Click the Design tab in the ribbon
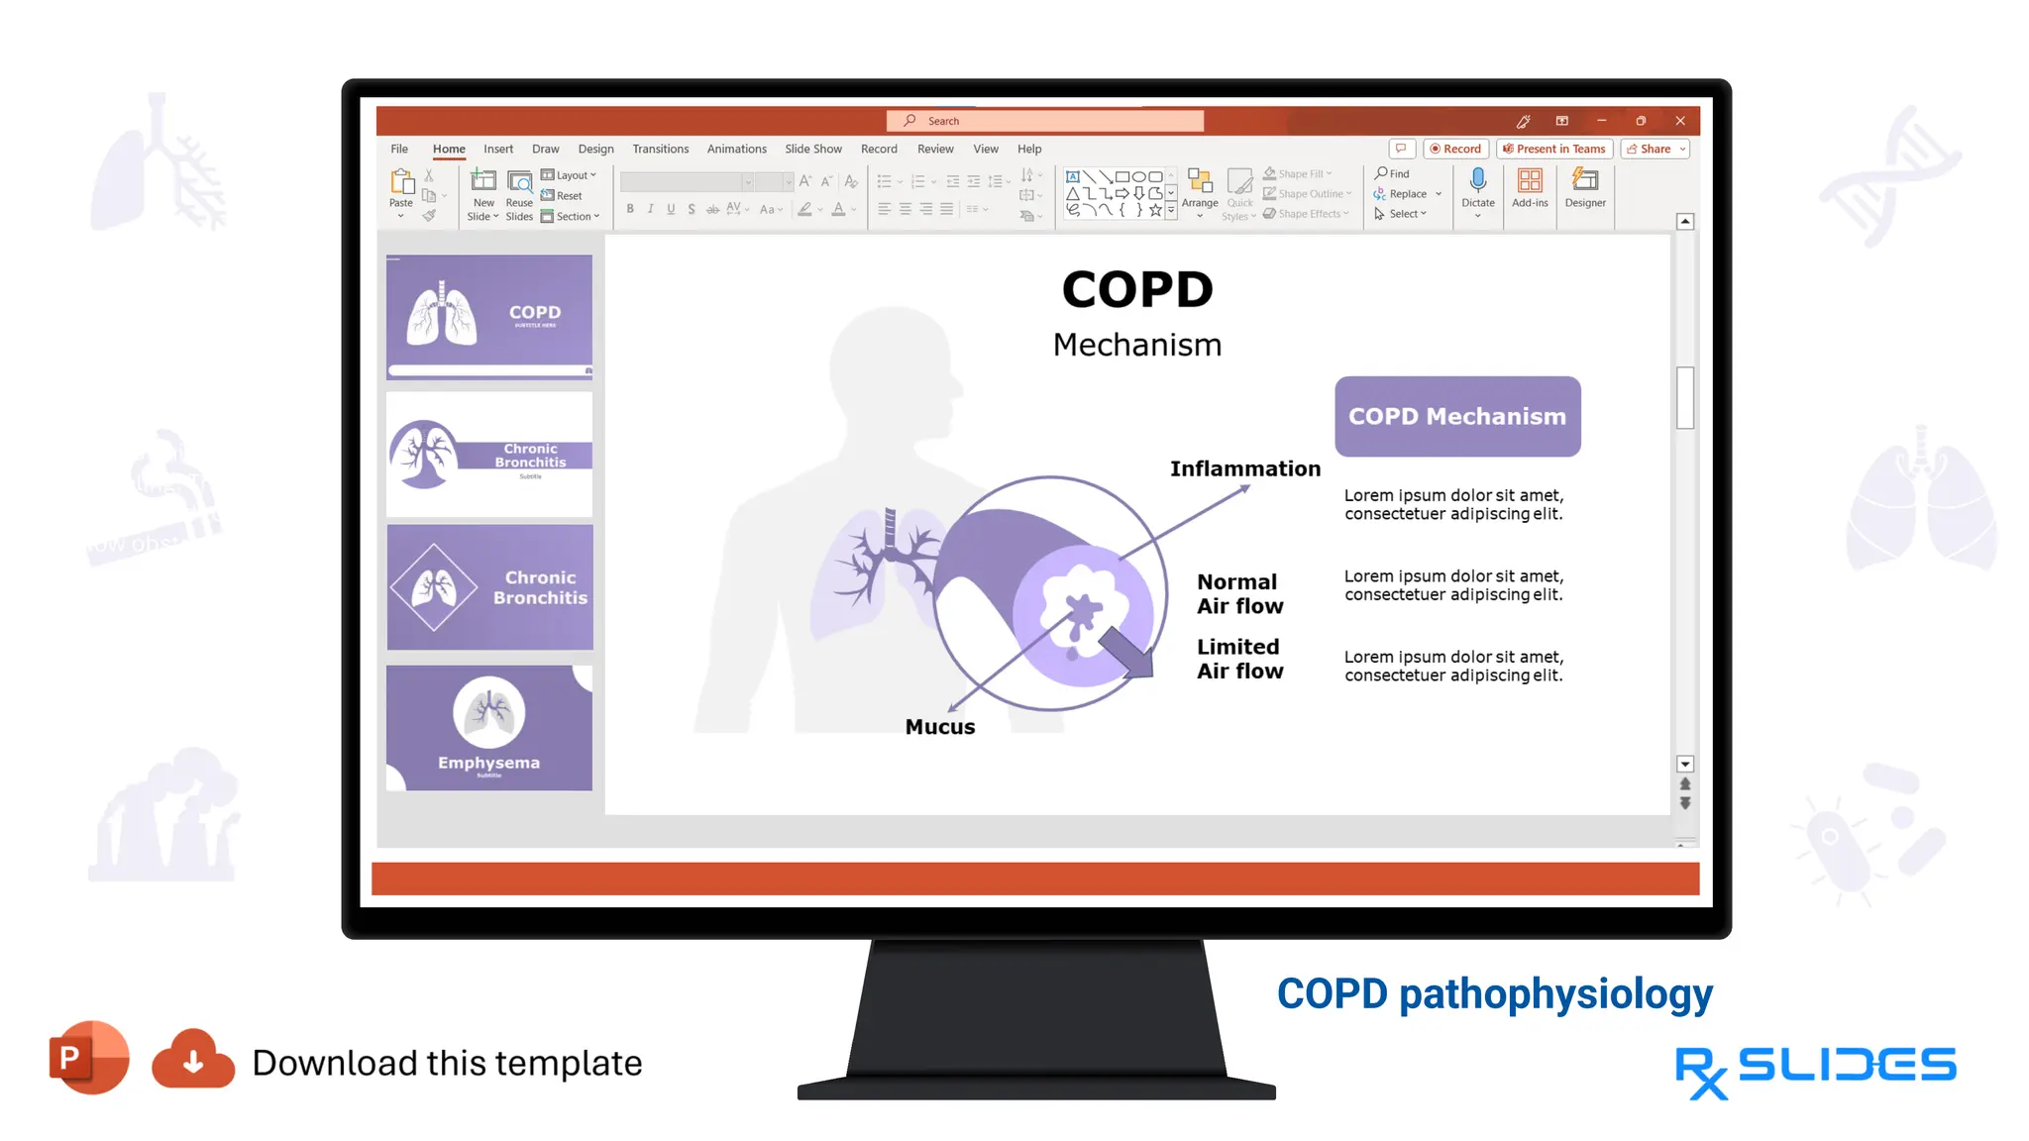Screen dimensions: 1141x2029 [595, 149]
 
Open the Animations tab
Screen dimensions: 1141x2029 [736, 149]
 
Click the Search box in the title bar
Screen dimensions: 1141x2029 [1045, 121]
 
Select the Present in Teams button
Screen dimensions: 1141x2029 [1553, 149]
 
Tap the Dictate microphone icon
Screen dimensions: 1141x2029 [1477, 180]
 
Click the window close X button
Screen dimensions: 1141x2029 [1680, 121]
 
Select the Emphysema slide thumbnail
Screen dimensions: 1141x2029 [489, 727]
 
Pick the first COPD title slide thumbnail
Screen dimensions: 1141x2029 [489, 316]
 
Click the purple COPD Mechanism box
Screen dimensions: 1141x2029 [1457, 416]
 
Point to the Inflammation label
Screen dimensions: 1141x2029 [1245, 468]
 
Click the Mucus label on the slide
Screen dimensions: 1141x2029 [940, 727]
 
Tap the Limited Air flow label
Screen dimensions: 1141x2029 [1239, 659]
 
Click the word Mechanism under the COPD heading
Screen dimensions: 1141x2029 [1137, 345]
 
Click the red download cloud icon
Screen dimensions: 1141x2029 [193, 1060]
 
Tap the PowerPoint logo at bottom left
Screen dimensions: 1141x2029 [89, 1058]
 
